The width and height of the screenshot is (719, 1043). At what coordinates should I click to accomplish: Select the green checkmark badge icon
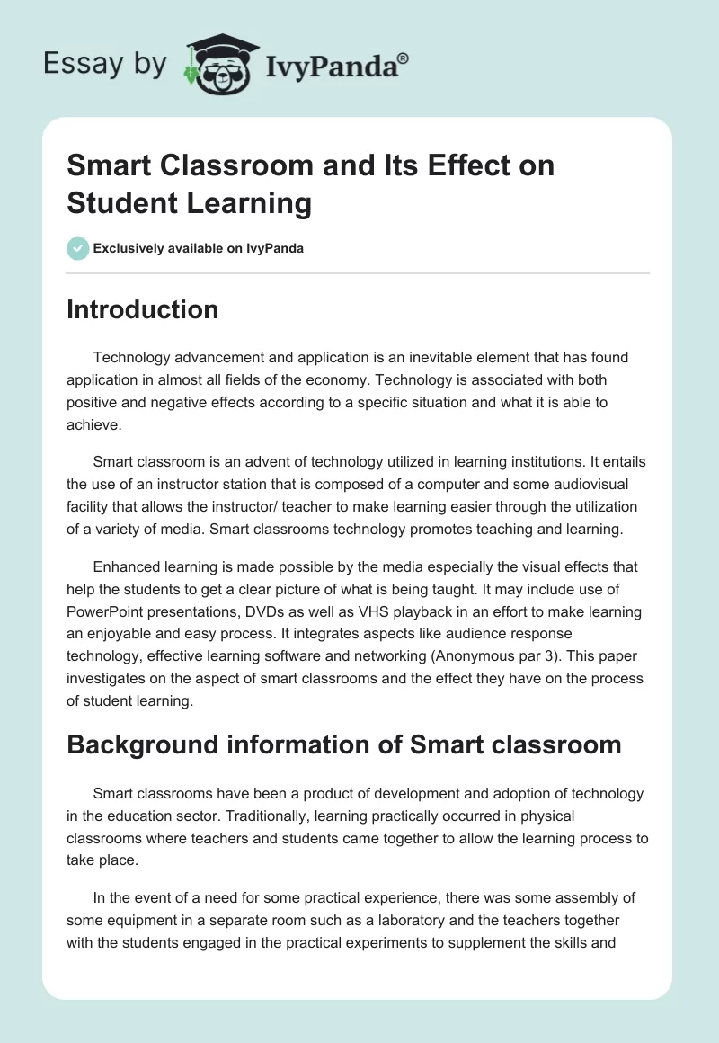(x=78, y=248)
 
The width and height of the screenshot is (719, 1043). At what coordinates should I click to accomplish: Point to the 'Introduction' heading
(x=142, y=309)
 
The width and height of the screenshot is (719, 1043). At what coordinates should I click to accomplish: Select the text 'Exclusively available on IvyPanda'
(x=199, y=248)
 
